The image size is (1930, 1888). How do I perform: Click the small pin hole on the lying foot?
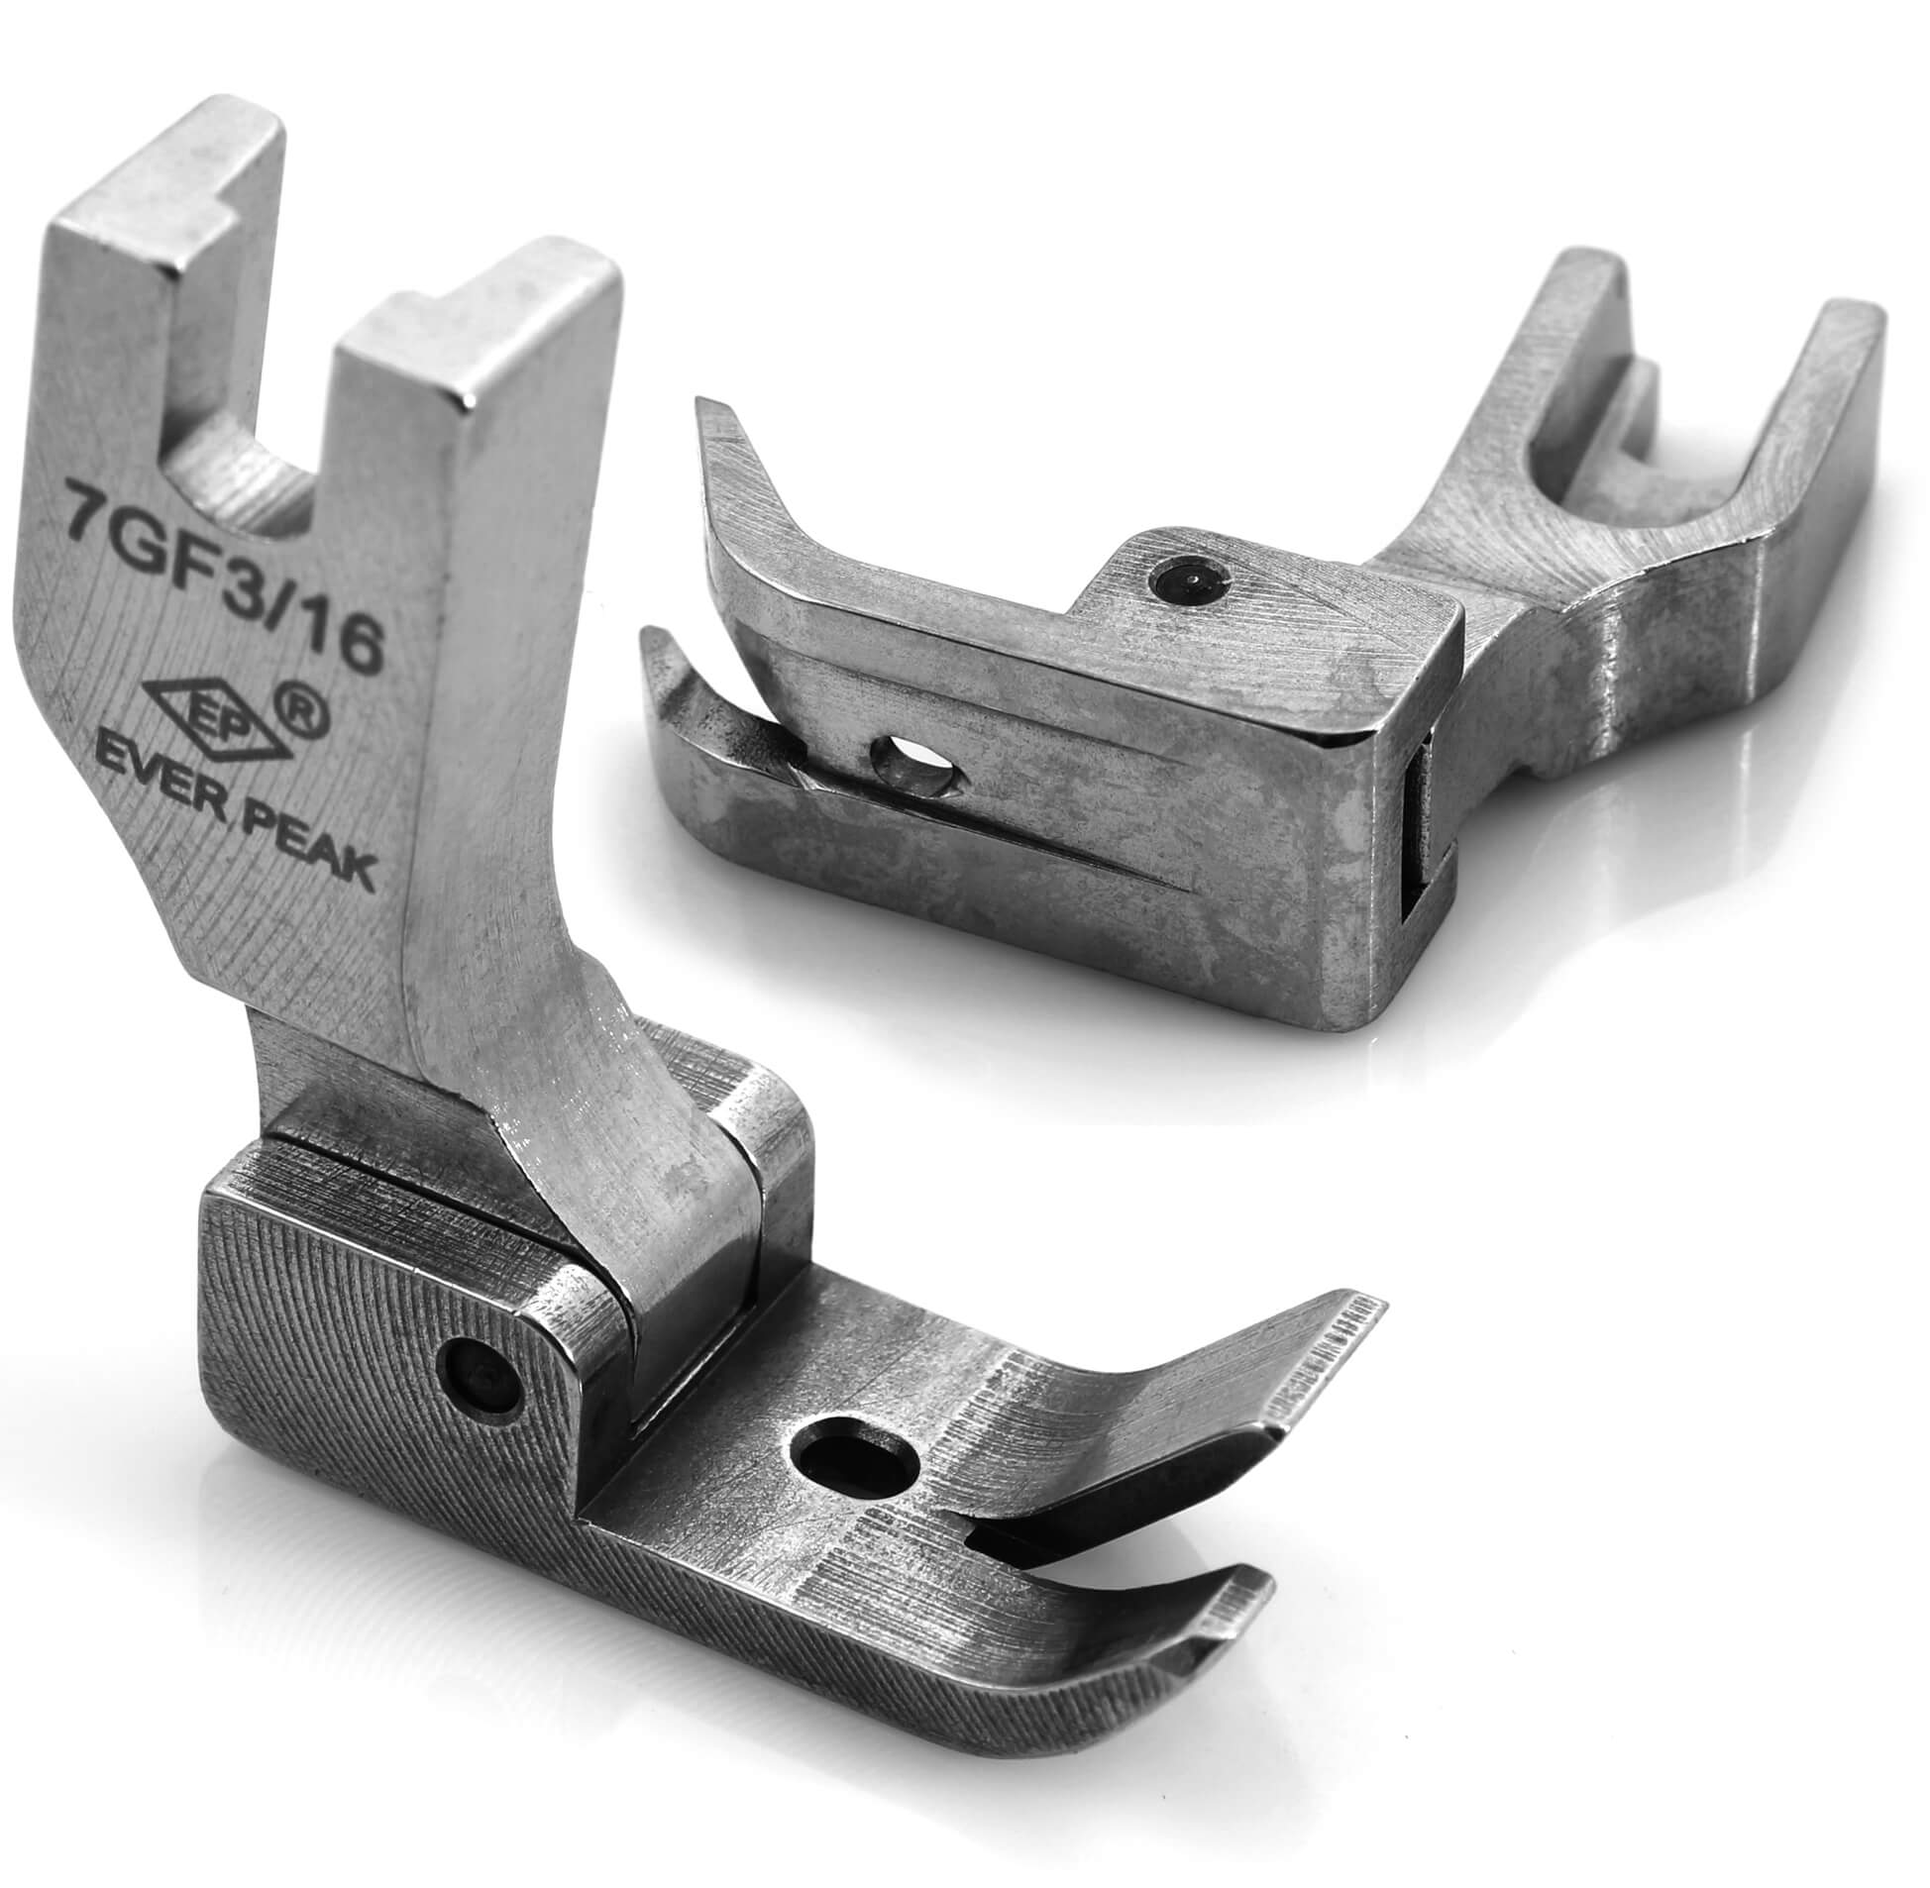(x=1193, y=576)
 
